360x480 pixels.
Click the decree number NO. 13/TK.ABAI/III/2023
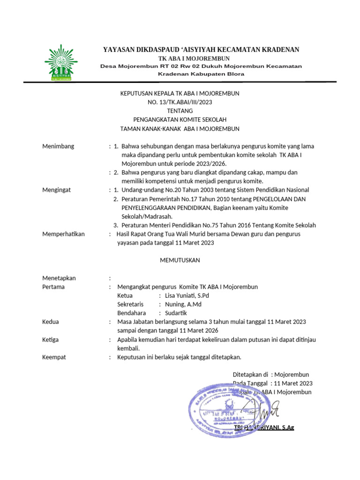point(180,102)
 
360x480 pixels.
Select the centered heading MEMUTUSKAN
point(180,260)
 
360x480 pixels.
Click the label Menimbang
point(58,146)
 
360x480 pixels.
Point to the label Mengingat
point(57,190)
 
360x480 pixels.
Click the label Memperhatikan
point(63,234)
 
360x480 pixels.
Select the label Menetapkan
point(59,278)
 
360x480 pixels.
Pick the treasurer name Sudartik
point(176,313)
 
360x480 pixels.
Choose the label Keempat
point(54,357)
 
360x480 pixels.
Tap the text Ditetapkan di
point(250,375)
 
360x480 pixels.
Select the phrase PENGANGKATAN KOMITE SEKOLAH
point(180,120)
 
